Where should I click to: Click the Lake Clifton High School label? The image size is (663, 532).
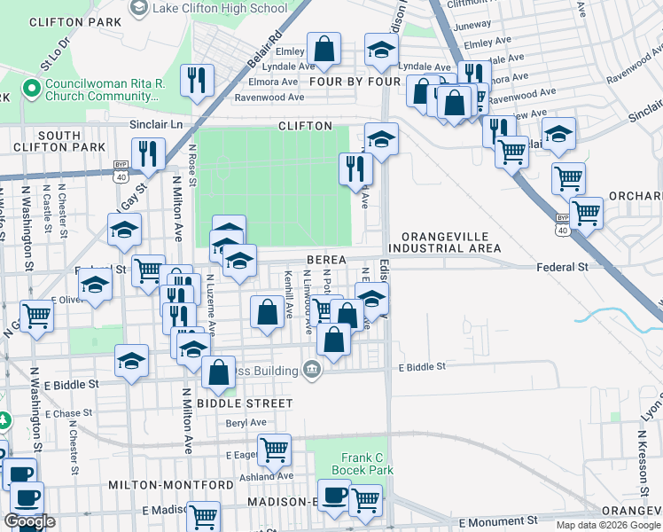click(219, 8)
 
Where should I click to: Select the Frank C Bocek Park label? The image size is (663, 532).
click(362, 463)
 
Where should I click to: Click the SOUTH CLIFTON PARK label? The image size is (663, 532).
click(59, 140)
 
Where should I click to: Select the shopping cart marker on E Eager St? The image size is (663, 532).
click(274, 450)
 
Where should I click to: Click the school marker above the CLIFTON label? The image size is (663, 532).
click(381, 138)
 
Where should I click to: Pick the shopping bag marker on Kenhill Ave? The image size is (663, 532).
click(267, 312)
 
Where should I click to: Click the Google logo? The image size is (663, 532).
click(29, 521)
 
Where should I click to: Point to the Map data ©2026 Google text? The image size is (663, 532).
click(608, 525)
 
